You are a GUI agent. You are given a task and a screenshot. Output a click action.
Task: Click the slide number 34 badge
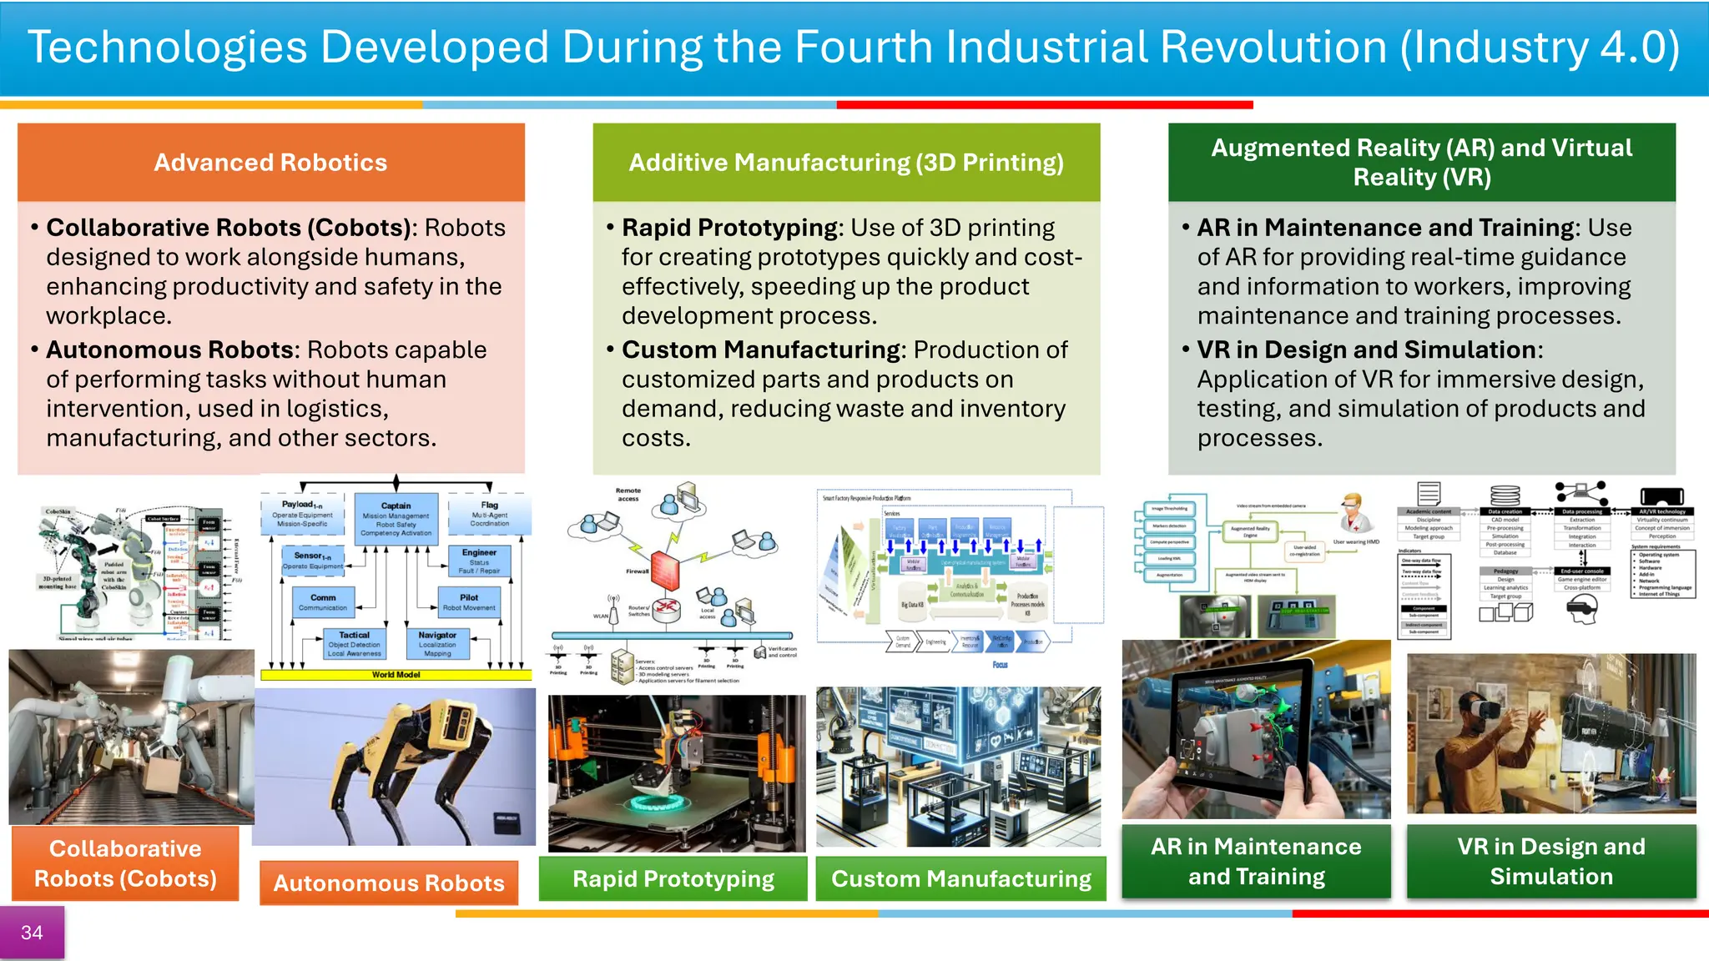point(32,933)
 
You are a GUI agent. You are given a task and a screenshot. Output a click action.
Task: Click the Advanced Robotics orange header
point(270,162)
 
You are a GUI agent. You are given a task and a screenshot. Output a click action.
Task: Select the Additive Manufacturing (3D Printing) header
point(846,162)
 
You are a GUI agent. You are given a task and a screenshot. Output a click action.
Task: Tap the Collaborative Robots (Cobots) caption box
point(125,863)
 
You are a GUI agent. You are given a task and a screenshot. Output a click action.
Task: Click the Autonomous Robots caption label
point(389,883)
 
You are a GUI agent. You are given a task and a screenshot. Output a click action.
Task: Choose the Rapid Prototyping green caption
point(673,878)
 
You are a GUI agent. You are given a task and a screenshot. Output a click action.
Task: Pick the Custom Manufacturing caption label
point(960,878)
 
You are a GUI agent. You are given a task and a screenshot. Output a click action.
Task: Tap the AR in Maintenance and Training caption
point(1256,861)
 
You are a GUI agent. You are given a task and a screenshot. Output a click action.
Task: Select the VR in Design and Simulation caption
point(1551,861)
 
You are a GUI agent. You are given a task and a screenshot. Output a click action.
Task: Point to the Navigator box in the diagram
point(437,644)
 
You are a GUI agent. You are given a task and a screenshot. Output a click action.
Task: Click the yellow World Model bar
point(396,674)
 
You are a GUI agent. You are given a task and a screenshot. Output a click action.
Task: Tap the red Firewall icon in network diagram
point(667,571)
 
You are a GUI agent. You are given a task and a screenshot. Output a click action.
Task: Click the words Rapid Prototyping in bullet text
point(729,228)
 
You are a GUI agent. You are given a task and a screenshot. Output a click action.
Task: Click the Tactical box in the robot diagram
point(354,644)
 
